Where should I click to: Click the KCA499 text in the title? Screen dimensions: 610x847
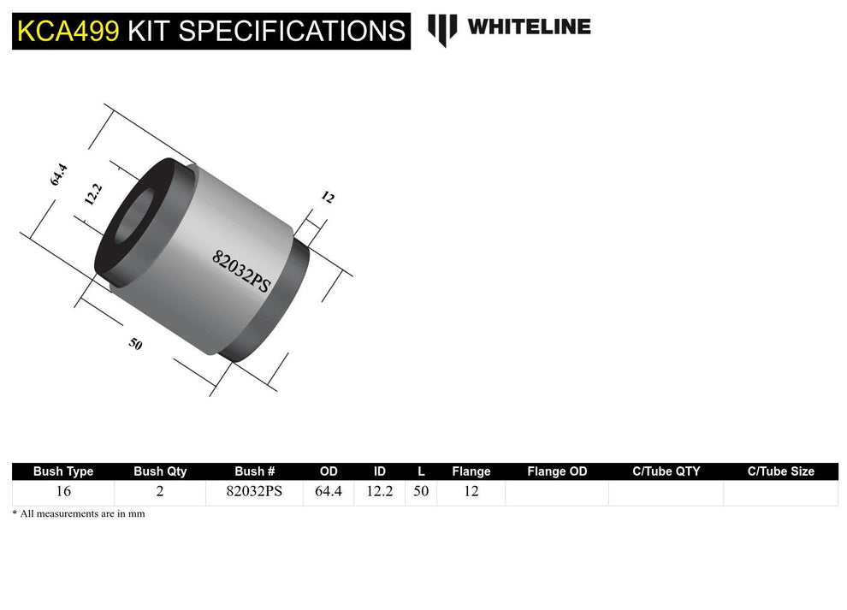pyautogui.click(x=68, y=31)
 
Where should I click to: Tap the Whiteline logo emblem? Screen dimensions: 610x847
pyautogui.click(x=442, y=29)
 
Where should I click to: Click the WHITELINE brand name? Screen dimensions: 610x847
pyautogui.click(x=529, y=27)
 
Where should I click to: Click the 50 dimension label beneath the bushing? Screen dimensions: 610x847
pyautogui.click(x=135, y=344)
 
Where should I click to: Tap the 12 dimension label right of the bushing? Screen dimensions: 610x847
pyautogui.click(x=328, y=198)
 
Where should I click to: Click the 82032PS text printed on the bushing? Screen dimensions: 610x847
pyautogui.click(x=240, y=271)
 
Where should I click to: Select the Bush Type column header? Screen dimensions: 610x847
pyautogui.click(x=63, y=471)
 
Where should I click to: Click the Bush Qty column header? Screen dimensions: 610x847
pyautogui.click(x=160, y=471)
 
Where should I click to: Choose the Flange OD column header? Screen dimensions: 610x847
pyautogui.click(x=557, y=471)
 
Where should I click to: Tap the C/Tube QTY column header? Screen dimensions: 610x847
pyautogui.click(x=666, y=471)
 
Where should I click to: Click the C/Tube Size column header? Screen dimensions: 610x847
pyautogui.click(x=780, y=471)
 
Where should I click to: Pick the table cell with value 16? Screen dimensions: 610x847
pyautogui.click(x=63, y=492)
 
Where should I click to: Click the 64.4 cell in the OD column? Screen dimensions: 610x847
pyautogui.click(x=329, y=492)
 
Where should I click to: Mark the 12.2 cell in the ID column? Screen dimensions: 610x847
pyautogui.click(x=380, y=492)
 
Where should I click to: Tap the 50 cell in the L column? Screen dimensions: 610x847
pyautogui.click(x=421, y=492)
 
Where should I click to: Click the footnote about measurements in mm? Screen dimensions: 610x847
pyautogui.click(x=79, y=513)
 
